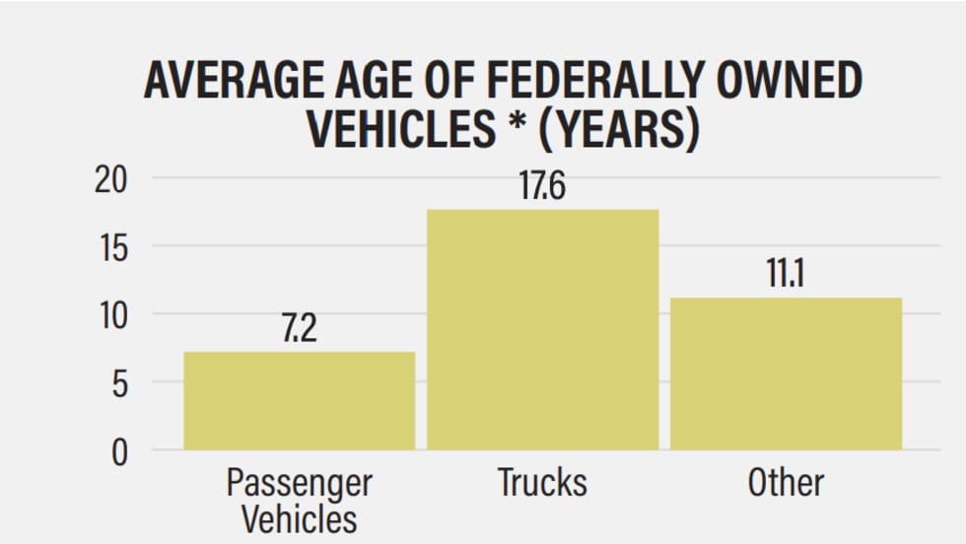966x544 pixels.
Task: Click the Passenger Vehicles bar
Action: (x=300, y=401)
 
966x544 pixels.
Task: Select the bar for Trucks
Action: (x=542, y=329)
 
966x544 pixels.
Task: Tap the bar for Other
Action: (x=786, y=374)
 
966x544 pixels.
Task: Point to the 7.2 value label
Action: (x=300, y=329)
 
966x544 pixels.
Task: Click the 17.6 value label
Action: (x=542, y=186)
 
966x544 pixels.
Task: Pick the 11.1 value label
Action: (x=786, y=275)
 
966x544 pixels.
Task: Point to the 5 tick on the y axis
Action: (x=118, y=383)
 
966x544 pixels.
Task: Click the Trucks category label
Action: (x=542, y=483)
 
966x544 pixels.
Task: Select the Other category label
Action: (x=786, y=483)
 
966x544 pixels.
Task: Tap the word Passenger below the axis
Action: (x=300, y=483)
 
